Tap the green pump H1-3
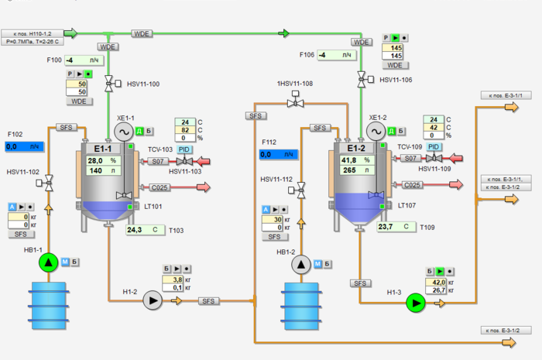click(x=417, y=303)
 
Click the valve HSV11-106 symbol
click(x=361, y=79)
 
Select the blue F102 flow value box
click(x=25, y=146)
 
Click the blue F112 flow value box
click(x=277, y=154)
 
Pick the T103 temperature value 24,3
click(x=144, y=230)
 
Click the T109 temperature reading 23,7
click(x=396, y=227)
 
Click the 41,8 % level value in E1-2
click(x=356, y=159)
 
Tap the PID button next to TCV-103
click(x=184, y=148)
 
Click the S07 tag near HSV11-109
click(x=410, y=159)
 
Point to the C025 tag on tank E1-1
click(x=159, y=187)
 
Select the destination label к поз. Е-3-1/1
click(x=506, y=95)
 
